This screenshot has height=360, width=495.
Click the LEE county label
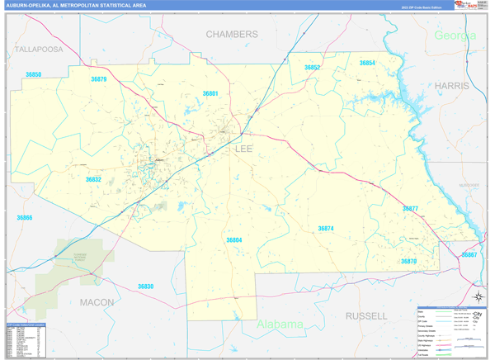244,149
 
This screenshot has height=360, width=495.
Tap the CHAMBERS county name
232,35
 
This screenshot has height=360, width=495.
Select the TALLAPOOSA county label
39,50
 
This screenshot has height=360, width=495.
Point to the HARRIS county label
452,86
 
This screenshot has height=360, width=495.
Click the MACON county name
97,303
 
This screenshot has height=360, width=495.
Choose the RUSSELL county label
366,316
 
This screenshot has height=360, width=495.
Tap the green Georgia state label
455,36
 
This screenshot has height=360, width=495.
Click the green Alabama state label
280,324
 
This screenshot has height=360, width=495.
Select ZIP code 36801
210,94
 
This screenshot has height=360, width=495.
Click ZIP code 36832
93,179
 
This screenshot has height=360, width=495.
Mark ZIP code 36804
234,240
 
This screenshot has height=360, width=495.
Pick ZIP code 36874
326,228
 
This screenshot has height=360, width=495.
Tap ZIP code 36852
312,68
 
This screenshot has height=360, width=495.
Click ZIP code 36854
367,63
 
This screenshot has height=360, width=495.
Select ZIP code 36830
145,287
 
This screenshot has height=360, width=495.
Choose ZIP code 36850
33,75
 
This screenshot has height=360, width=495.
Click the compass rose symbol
477,296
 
